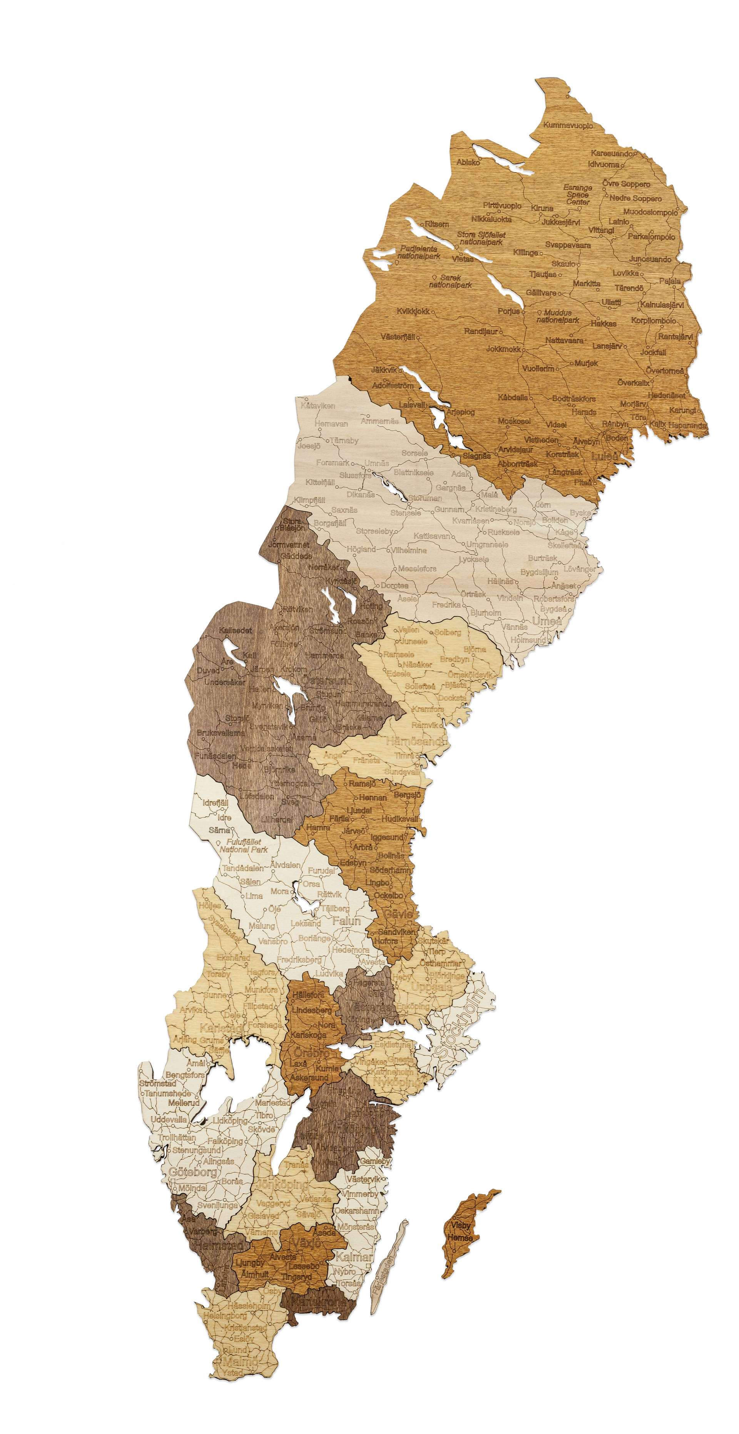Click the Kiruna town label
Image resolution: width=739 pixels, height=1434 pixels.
[x=542, y=208]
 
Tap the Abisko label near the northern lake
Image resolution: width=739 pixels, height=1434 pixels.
[x=468, y=162]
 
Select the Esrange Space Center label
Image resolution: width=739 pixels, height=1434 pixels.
[x=577, y=194]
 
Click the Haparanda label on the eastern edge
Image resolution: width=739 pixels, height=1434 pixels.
[x=688, y=425]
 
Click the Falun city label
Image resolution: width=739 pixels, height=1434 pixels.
[x=346, y=921]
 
